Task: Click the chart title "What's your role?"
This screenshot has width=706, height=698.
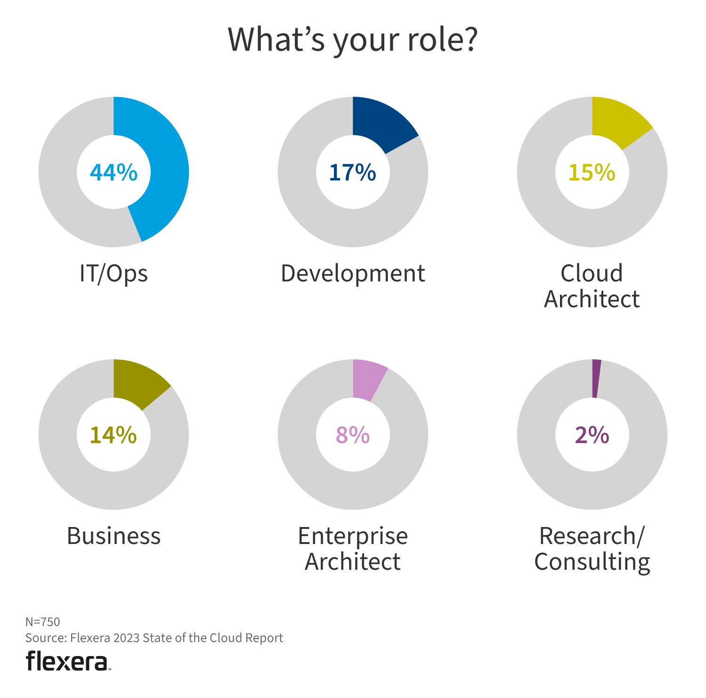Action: point(353,40)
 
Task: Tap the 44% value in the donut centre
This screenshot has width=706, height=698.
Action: point(114,172)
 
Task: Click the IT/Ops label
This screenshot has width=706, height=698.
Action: point(114,273)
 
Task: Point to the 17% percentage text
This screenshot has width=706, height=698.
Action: point(352,172)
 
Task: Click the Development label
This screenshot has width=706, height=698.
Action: point(353,273)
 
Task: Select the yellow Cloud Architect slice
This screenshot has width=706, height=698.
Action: point(617,120)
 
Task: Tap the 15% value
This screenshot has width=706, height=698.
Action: point(592,172)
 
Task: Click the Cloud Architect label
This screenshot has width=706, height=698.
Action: point(592,286)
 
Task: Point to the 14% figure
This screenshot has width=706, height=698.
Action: point(113,435)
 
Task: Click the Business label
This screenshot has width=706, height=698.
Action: point(114,536)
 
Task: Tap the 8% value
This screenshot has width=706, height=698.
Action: point(352,435)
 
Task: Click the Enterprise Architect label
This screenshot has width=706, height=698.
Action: point(353,549)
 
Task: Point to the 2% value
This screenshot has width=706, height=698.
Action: point(592,435)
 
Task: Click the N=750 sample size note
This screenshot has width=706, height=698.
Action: point(42,622)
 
